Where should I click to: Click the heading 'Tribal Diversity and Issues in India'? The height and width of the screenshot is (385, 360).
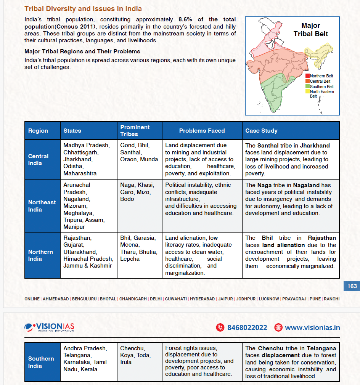(83, 8)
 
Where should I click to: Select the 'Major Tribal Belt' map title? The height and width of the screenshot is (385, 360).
(311, 30)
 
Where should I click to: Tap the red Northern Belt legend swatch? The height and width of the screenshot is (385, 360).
(307, 76)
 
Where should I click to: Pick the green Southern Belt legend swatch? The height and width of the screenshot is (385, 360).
(307, 87)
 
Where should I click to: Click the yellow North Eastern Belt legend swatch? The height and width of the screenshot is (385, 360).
(307, 91)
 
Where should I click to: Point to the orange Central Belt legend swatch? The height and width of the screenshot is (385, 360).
(307, 81)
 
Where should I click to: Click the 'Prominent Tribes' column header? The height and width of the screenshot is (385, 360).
(135, 130)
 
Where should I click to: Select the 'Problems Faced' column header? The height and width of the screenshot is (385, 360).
(202, 131)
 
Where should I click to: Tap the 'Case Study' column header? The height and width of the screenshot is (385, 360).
(261, 131)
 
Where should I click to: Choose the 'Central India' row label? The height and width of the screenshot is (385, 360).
(38, 159)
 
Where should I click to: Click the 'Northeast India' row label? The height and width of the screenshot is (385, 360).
(42, 206)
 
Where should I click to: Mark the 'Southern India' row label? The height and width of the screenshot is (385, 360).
(41, 362)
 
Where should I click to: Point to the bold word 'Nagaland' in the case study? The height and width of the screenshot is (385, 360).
(307, 185)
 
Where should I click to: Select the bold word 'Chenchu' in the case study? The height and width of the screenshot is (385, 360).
(269, 348)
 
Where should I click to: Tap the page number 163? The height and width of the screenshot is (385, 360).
(352, 286)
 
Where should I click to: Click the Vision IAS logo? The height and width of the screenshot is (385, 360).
(50, 327)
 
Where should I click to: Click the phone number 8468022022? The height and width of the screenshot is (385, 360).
(247, 327)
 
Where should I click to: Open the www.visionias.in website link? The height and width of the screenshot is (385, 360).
(312, 327)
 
